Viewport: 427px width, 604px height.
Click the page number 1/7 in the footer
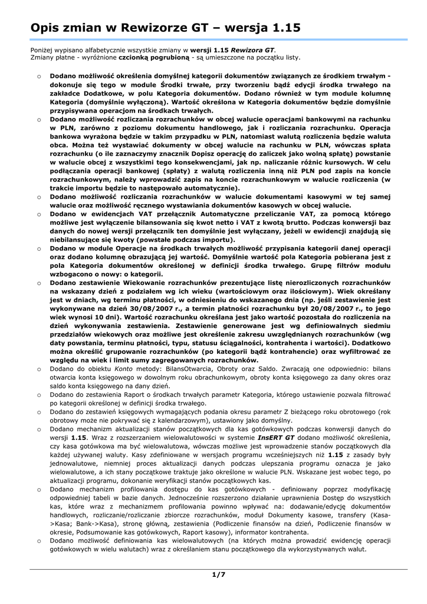[219, 574]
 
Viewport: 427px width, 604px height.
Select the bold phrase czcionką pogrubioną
[155, 58]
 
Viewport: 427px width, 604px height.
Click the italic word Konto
[124, 368]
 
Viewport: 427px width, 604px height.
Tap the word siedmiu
[376, 326]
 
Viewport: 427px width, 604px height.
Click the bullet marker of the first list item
[38, 76]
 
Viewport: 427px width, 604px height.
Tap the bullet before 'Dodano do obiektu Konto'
[38, 368]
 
